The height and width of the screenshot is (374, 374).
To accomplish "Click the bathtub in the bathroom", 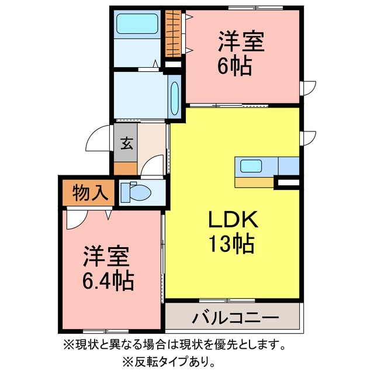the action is [x=137, y=23].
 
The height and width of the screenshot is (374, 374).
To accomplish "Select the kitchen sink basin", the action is [x=251, y=166].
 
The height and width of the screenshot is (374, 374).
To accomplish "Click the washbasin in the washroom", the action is [x=175, y=98].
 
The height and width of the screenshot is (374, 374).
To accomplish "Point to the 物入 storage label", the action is [x=90, y=193].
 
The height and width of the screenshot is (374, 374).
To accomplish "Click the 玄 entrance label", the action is [x=126, y=143].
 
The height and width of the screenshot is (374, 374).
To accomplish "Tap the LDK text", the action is [x=233, y=220].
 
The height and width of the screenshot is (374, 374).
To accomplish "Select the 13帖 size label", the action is [x=231, y=244].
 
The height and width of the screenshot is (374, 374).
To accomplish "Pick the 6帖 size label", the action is [x=234, y=65].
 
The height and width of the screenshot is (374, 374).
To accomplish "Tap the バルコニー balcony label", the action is [x=235, y=317].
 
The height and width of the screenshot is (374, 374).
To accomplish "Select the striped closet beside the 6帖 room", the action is [x=174, y=33].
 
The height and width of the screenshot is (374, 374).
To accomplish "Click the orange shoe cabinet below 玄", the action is [x=126, y=168].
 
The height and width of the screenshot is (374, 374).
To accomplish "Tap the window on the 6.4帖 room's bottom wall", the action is [x=106, y=331].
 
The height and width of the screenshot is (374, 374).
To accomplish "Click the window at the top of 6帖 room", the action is [x=255, y=8].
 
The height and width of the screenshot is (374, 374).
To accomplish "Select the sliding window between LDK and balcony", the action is [x=227, y=300].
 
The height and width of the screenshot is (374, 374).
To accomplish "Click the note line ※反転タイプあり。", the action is [x=169, y=363].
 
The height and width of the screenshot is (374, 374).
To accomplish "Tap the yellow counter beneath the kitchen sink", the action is [x=254, y=182].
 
